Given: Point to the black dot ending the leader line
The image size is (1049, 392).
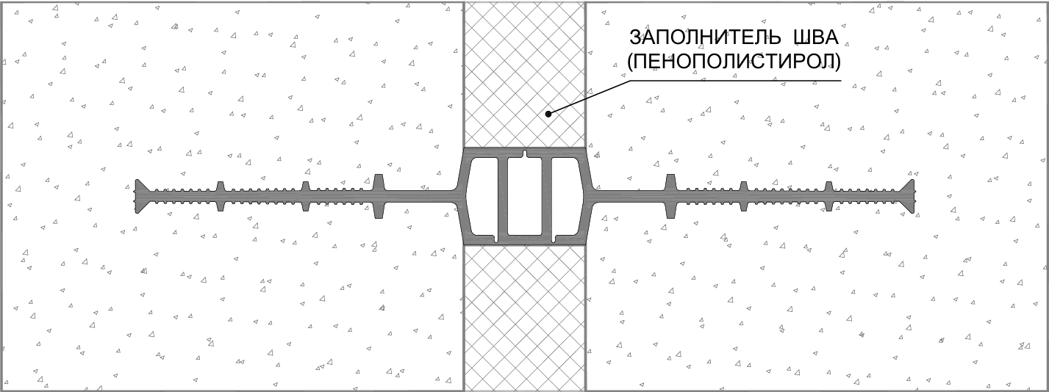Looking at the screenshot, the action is click(x=548, y=114).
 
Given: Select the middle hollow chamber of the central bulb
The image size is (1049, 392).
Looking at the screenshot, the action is click(x=525, y=197).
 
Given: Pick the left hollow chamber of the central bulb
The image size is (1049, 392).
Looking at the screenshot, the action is click(x=482, y=197).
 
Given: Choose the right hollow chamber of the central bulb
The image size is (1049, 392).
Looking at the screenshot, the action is click(x=567, y=197).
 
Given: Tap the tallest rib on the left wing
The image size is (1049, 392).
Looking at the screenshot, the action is click(x=379, y=197).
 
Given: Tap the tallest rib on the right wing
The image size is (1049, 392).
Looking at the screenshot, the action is click(x=670, y=197).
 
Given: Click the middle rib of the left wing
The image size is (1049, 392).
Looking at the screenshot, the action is click(x=305, y=197).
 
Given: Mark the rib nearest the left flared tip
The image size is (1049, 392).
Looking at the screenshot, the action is click(x=221, y=197).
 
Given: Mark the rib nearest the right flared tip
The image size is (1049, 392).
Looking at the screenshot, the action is click(x=829, y=197).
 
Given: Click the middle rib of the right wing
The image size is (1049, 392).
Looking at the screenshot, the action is click(x=744, y=197).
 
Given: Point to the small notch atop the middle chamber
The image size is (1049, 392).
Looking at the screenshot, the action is click(x=525, y=154).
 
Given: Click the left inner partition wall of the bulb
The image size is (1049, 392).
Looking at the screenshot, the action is click(x=503, y=197).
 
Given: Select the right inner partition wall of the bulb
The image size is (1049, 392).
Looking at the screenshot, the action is click(x=546, y=197).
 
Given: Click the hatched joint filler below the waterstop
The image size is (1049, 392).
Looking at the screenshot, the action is click(x=525, y=318).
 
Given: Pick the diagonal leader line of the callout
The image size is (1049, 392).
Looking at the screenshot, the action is click(x=589, y=98).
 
